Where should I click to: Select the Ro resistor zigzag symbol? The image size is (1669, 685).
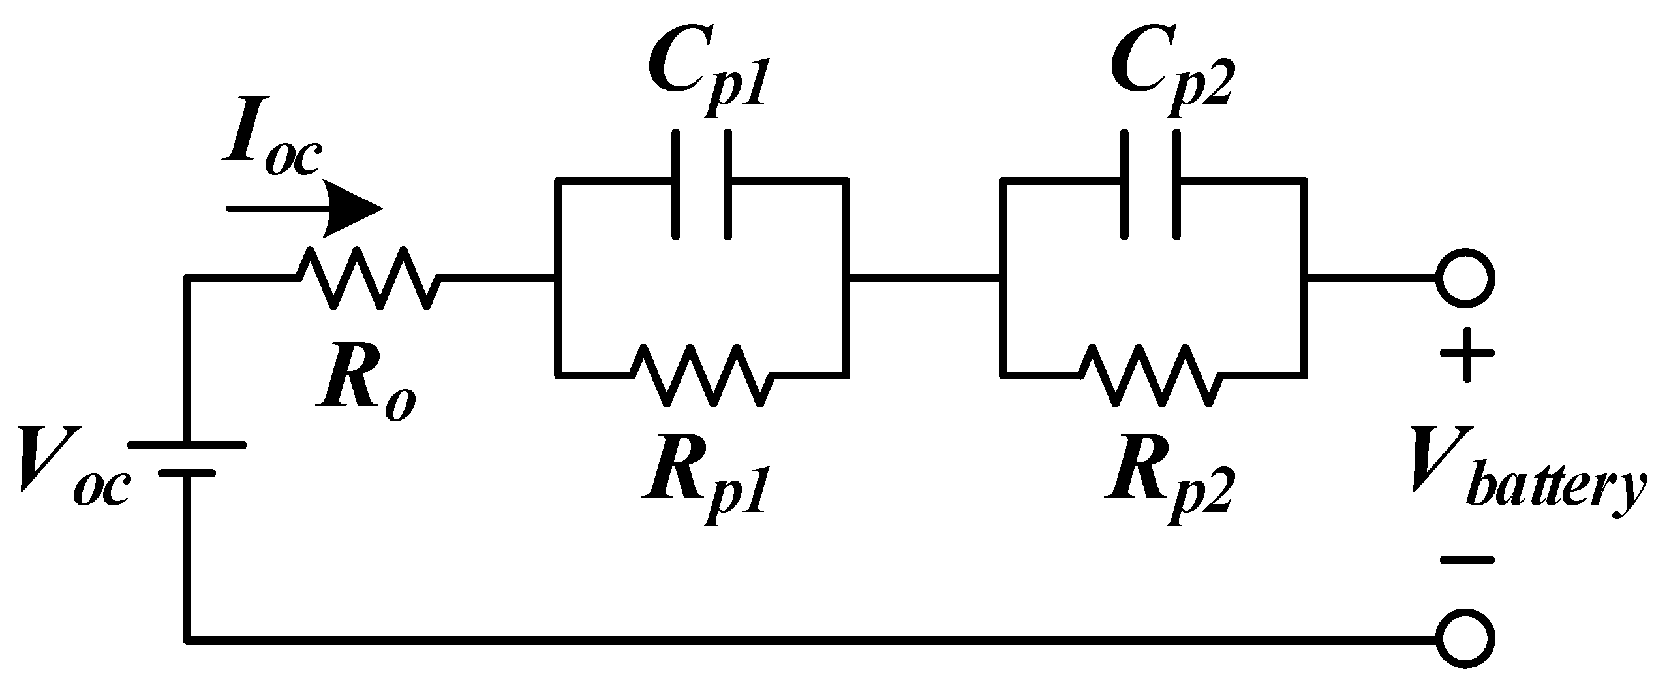pyautogui.click(x=369, y=278)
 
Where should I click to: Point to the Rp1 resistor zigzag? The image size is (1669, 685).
pyautogui.click(x=702, y=375)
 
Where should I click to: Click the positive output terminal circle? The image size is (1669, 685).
pyautogui.click(x=1465, y=278)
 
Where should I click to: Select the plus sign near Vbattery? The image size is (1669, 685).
pyautogui.click(x=1466, y=356)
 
